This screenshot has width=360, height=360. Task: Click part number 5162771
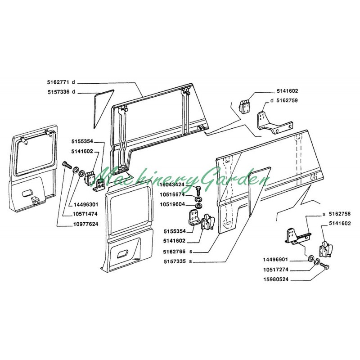(58, 82)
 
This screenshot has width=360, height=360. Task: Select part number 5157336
(58, 92)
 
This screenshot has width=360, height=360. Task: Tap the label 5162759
(287, 100)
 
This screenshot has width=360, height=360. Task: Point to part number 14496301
(86, 204)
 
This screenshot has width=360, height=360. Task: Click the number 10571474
(85, 214)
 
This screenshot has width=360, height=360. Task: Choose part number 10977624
(86, 224)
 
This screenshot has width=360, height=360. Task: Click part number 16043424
(172, 184)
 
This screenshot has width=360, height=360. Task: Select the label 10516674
(172, 195)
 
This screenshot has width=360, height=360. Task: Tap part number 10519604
(172, 204)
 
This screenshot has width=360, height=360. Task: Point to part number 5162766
(174, 252)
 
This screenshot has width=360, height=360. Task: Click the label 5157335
(175, 261)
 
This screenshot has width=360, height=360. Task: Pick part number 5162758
(340, 214)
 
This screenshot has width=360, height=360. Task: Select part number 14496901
(275, 260)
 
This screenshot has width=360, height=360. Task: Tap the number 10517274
(275, 270)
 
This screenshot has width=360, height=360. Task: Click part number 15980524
(275, 279)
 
